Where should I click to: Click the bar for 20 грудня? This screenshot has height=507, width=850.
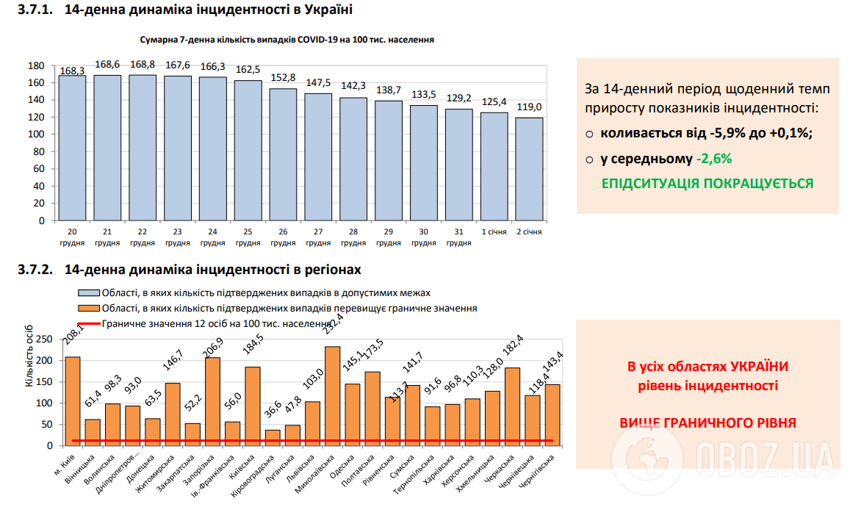point(72,147)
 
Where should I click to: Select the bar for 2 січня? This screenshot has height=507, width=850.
point(529,168)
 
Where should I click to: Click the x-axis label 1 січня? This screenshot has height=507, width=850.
point(494,232)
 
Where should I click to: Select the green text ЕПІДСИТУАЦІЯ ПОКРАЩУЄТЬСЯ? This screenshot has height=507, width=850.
point(707,184)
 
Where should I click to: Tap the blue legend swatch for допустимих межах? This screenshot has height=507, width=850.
point(88,292)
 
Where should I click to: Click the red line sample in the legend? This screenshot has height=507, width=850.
point(88,323)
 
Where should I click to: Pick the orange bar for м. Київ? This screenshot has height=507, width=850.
point(72,400)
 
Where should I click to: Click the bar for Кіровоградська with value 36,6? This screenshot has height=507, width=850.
point(273,437)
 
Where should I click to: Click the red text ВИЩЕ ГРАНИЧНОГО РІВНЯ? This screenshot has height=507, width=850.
point(707,423)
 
